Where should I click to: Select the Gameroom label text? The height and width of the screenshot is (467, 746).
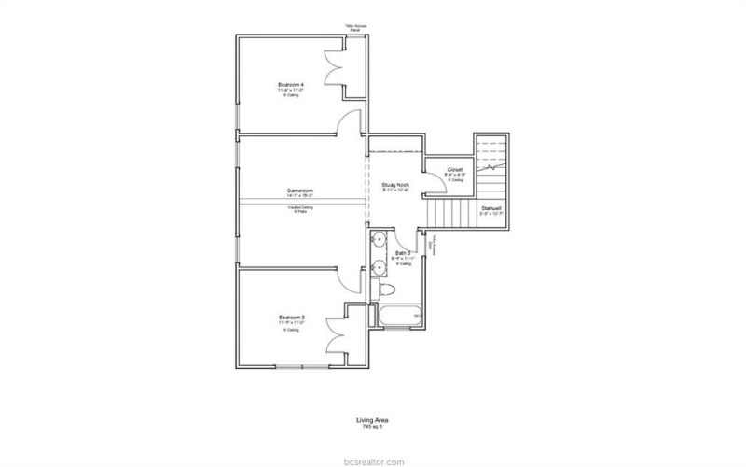[299, 191]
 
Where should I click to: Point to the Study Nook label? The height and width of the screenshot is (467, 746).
[395, 185]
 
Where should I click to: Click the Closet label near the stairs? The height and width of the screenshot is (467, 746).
[455, 170]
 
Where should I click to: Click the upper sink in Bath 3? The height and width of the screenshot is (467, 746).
[378, 240]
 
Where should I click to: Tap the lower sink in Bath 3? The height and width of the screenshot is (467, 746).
[378, 267]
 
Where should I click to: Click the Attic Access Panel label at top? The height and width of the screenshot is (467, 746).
[355, 28]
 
